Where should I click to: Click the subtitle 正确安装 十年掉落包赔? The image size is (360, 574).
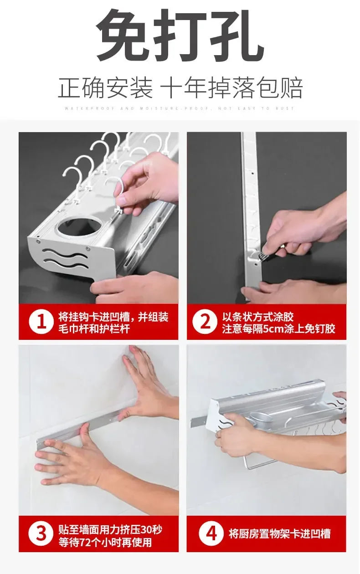click(x=180, y=88)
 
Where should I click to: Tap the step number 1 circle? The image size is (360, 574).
click(x=41, y=322)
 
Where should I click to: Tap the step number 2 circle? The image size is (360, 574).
click(x=205, y=322)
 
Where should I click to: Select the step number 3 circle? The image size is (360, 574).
click(x=41, y=533)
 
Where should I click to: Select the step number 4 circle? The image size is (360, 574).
click(x=211, y=533)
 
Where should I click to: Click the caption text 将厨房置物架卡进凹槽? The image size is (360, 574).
click(x=279, y=533)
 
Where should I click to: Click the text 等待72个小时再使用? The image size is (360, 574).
click(x=105, y=542)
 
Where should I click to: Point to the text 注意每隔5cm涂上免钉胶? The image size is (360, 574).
click(x=278, y=329)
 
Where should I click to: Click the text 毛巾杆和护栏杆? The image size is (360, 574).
click(x=93, y=329)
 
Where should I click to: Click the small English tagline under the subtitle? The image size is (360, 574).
click(x=180, y=108)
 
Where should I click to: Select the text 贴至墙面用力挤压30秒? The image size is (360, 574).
click(x=110, y=530)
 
